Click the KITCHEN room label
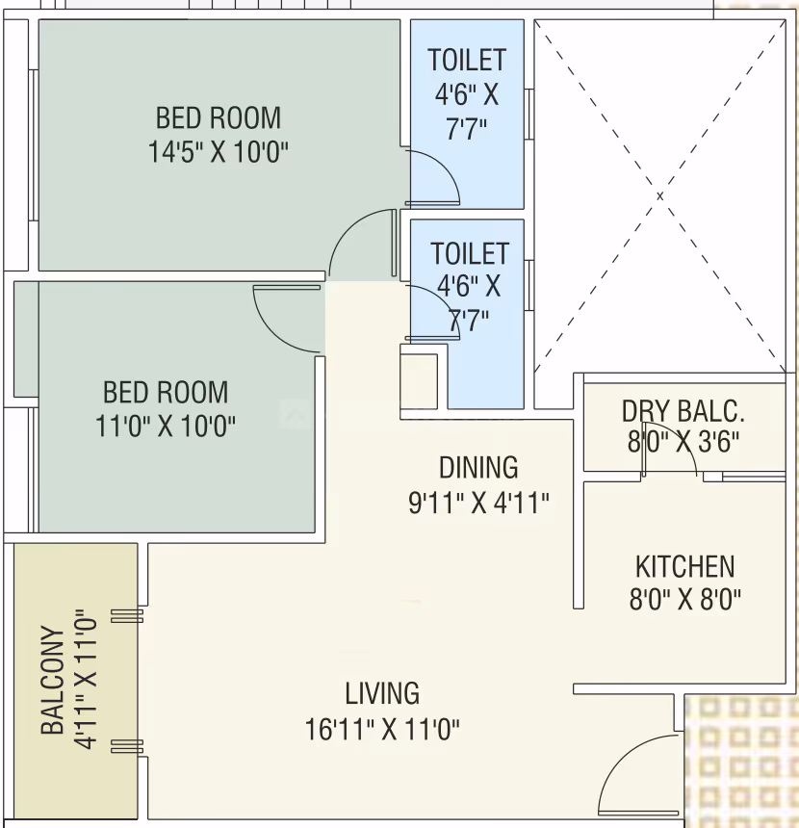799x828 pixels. coord(685,567)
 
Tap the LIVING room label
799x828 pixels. coord(382,693)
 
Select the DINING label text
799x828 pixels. coord(478,467)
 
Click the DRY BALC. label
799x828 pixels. coord(683,411)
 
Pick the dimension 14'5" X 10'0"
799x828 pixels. coord(219,152)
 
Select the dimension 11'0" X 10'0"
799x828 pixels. coord(166,426)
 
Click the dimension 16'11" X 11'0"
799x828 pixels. coord(382,730)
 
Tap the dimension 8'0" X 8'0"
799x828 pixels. coord(685,600)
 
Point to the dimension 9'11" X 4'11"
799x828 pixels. coord(478,503)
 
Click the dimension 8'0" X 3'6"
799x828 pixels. coord(683,442)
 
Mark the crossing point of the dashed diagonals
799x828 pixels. coord(659,195)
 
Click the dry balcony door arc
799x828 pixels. coord(683,439)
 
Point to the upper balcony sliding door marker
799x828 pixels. coord(127,616)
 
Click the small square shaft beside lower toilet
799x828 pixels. coord(419,381)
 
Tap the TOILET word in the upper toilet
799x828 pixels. coord(467,60)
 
